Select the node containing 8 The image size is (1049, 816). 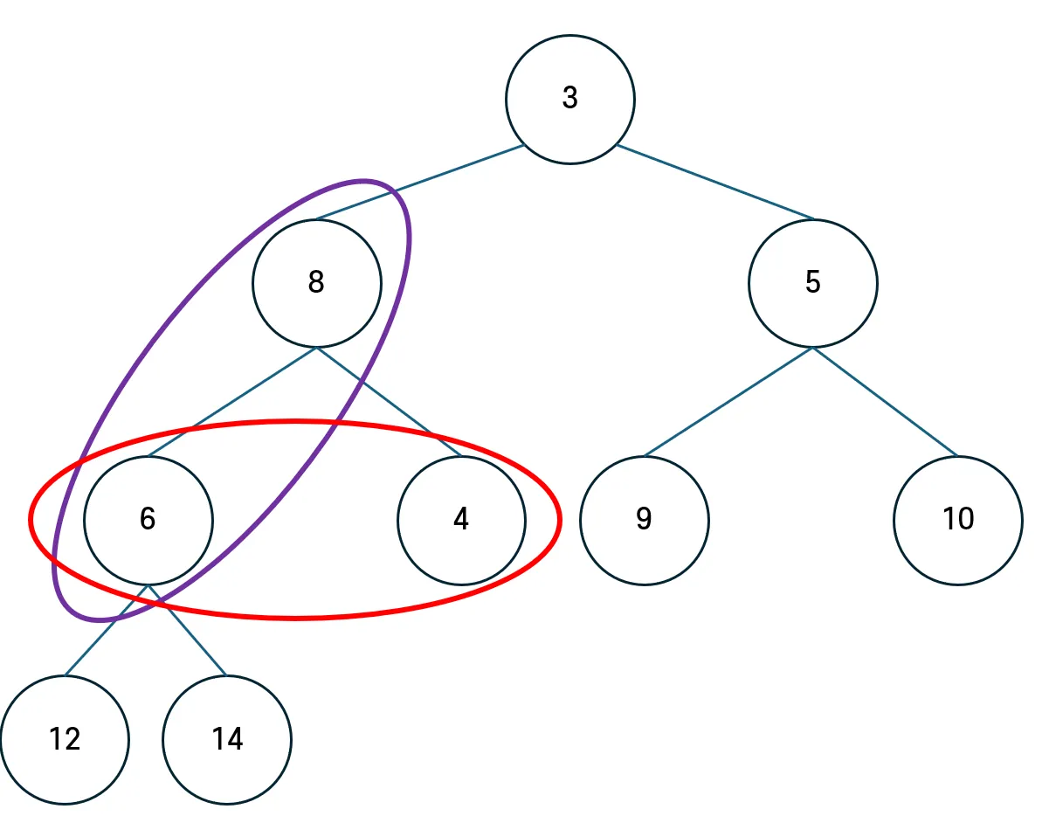tap(316, 283)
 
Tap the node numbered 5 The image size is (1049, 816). tap(812, 283)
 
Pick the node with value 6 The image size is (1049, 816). tap(148, 520)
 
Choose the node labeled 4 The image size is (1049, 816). tap(461, 520)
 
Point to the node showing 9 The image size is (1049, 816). tap(644, 520)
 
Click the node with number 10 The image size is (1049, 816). tap(957, 520)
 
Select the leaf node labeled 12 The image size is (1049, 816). tap(65, 740)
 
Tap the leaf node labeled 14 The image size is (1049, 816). tap(227, 740)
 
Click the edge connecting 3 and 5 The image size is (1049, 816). tap(716, 182)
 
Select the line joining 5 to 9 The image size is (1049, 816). tap(728, 402)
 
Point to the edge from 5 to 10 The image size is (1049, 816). tap(885, 402)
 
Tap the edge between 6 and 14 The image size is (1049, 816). tap(197, 642)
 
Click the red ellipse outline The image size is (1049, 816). tap(297, 618)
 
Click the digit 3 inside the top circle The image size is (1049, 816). tap(569, 98)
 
